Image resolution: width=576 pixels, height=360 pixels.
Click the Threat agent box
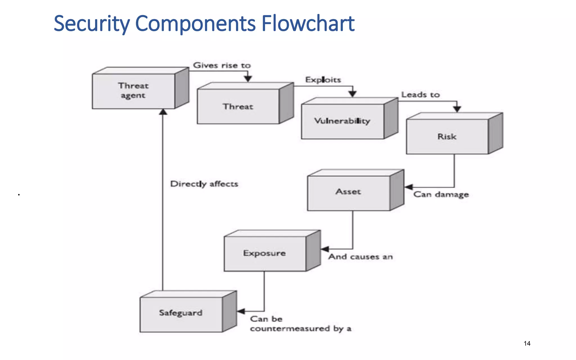click(134, 91)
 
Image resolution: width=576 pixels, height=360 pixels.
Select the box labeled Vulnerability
click(342, 121)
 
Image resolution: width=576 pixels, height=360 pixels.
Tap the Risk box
click(447, 137)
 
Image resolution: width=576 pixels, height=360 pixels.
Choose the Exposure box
click(265, 253)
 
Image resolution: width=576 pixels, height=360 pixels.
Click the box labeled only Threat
click(238, 107)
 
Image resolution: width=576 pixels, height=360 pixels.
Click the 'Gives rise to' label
click(222, 65)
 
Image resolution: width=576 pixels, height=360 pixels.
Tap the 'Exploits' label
click(323, 80)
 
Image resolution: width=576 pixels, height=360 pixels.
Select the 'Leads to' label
click(420, 95)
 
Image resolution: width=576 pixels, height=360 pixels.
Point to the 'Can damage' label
click(441, 195)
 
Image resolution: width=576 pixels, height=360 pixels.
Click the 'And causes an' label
click(360, 257)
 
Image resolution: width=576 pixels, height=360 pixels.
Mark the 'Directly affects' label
click(204, 184)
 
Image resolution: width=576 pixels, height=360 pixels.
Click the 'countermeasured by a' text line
click(301, 329)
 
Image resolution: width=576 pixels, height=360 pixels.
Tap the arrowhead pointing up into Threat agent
click(163, 112)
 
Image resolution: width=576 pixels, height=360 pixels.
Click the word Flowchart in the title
click(308, 24)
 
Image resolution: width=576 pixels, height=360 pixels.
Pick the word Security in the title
click(92, 24)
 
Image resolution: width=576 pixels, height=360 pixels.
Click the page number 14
click(527, 343)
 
